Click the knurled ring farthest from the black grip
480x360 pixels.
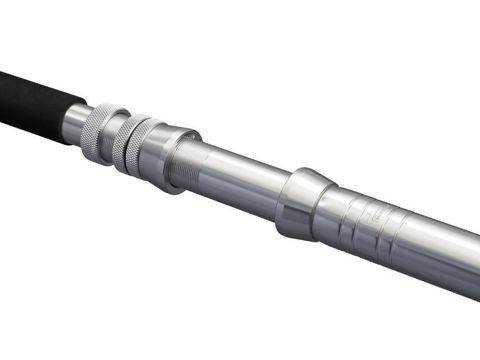139,147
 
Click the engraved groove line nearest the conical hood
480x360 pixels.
341,220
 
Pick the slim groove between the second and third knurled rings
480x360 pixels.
132,145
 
